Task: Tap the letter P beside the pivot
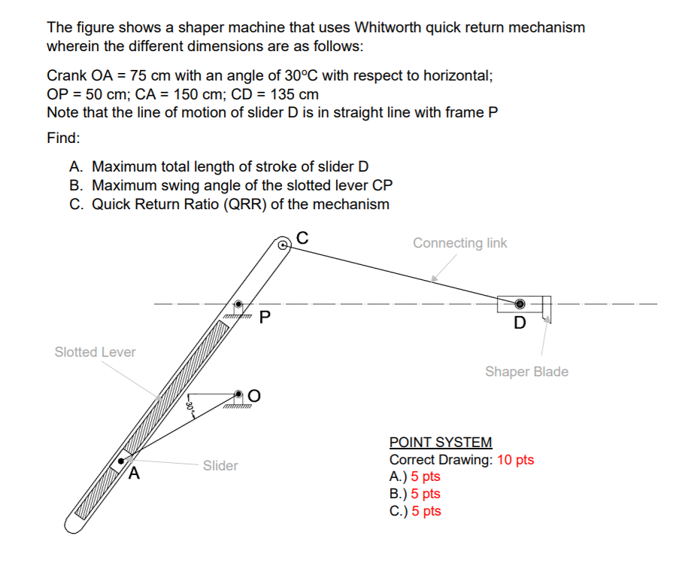coord(264,316)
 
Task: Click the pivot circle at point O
coord(238,395)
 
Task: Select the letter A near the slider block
coord(135,474)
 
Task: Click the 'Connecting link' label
coord(459,243)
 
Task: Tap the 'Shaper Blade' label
coord(526,371)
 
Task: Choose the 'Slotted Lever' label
coord(95,351)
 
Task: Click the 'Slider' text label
coord(220,466)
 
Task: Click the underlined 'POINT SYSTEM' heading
coord(441,443)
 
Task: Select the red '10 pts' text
coord(515,460)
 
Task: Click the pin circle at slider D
coord(520,304)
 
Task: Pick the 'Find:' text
coord(63,139)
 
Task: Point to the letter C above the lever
coord(302,236)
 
